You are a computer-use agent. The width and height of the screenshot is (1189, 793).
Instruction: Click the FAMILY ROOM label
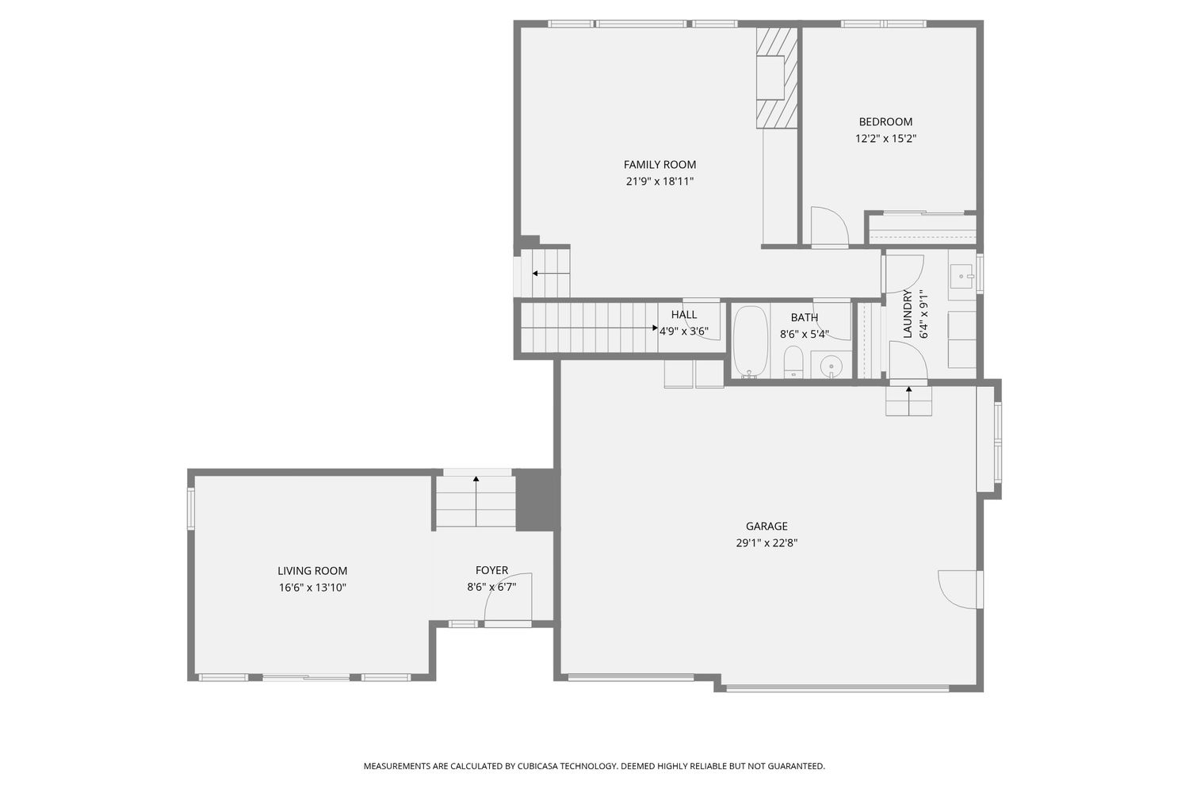pos(659,165)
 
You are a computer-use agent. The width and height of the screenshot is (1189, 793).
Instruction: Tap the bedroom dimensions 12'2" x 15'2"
pos(886,139)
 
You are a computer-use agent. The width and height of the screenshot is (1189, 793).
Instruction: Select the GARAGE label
pos(767,526)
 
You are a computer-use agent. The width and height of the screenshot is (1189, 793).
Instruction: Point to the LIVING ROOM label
pos(312,571)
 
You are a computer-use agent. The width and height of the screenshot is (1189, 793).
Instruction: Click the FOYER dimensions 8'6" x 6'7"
pos(491,587)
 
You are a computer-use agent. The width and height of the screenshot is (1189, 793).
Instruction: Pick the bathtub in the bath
pos(750,342)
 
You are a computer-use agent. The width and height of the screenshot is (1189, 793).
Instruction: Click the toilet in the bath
pos(793,362)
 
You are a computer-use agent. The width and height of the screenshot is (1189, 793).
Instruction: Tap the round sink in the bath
pos(831,366)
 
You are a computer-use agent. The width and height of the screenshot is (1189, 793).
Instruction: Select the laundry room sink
pos(962,276)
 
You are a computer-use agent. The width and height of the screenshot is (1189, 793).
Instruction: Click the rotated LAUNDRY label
pos(907,313)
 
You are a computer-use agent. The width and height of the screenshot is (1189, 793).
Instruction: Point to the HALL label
pos(683,315)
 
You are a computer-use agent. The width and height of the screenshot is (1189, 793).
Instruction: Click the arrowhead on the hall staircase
pos(656,328)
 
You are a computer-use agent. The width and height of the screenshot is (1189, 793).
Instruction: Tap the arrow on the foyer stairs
pos(476,501)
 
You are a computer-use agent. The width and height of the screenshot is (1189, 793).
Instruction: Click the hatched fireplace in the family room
pos(777,78)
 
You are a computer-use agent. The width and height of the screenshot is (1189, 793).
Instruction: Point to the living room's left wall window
pos(191,508)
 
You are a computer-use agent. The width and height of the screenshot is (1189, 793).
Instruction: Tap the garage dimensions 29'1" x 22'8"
pos(767,543)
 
